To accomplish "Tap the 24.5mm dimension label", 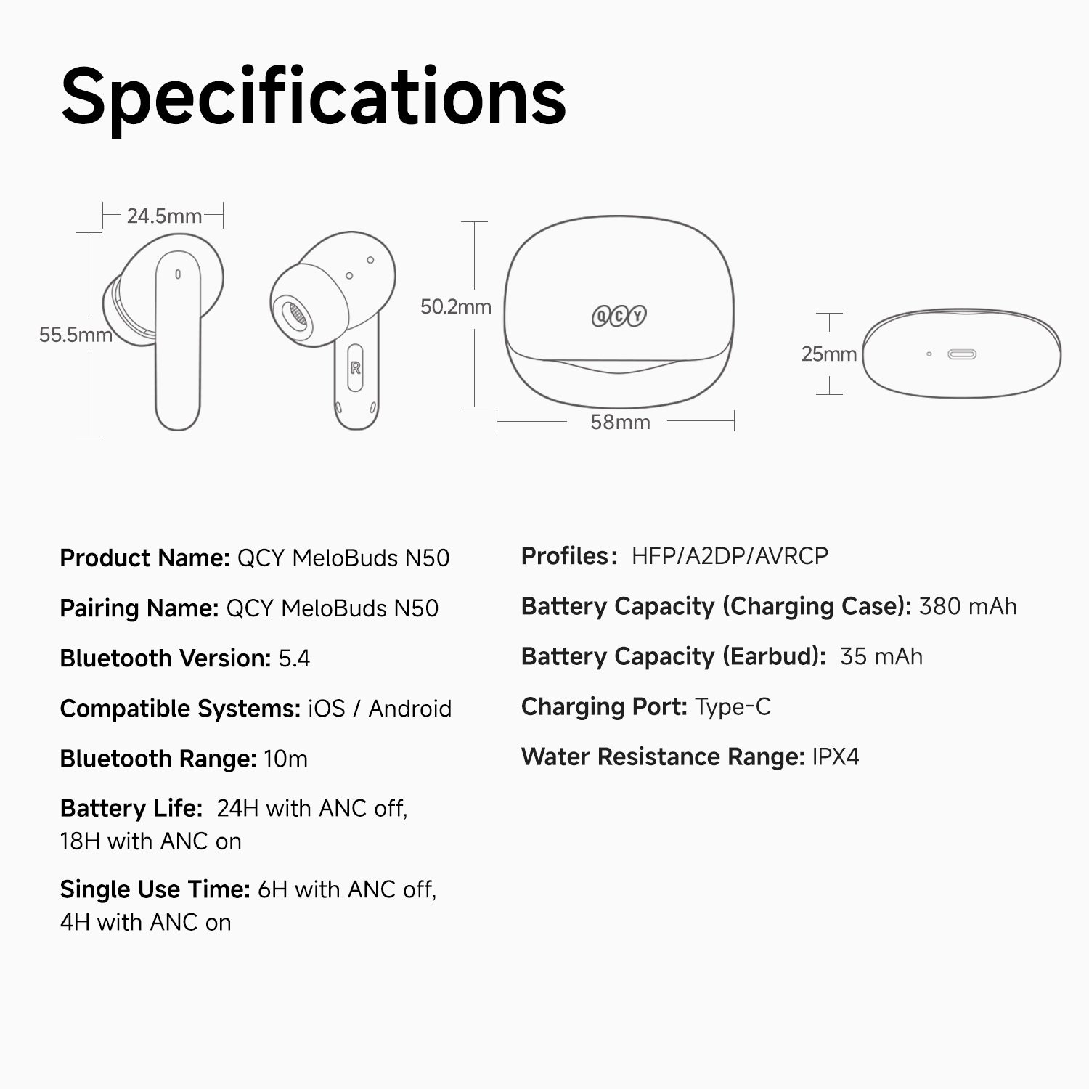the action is tap(164, 216).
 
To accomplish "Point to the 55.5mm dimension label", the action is tap(76, 335).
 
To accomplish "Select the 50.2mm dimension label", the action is tap(456, 306).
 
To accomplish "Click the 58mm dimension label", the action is tap(620, 422).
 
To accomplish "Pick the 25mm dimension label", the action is tap(829, 354).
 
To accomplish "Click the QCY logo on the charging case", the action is tap(619, 316).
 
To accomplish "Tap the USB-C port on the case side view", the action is tap(962, 354).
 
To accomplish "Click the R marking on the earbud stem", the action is tap(356, 368).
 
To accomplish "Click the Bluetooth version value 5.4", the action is tap(294, 658).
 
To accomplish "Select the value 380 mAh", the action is tap(968, 606).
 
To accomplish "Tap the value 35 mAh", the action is tap(881, 656).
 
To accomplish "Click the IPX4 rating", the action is tap(836, 756).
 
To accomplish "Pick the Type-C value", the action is tap(733, 706).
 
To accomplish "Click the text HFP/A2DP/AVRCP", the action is tap(730, 556).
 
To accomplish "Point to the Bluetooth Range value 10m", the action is tap(286, 759).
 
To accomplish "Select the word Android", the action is tap(410, 709).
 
